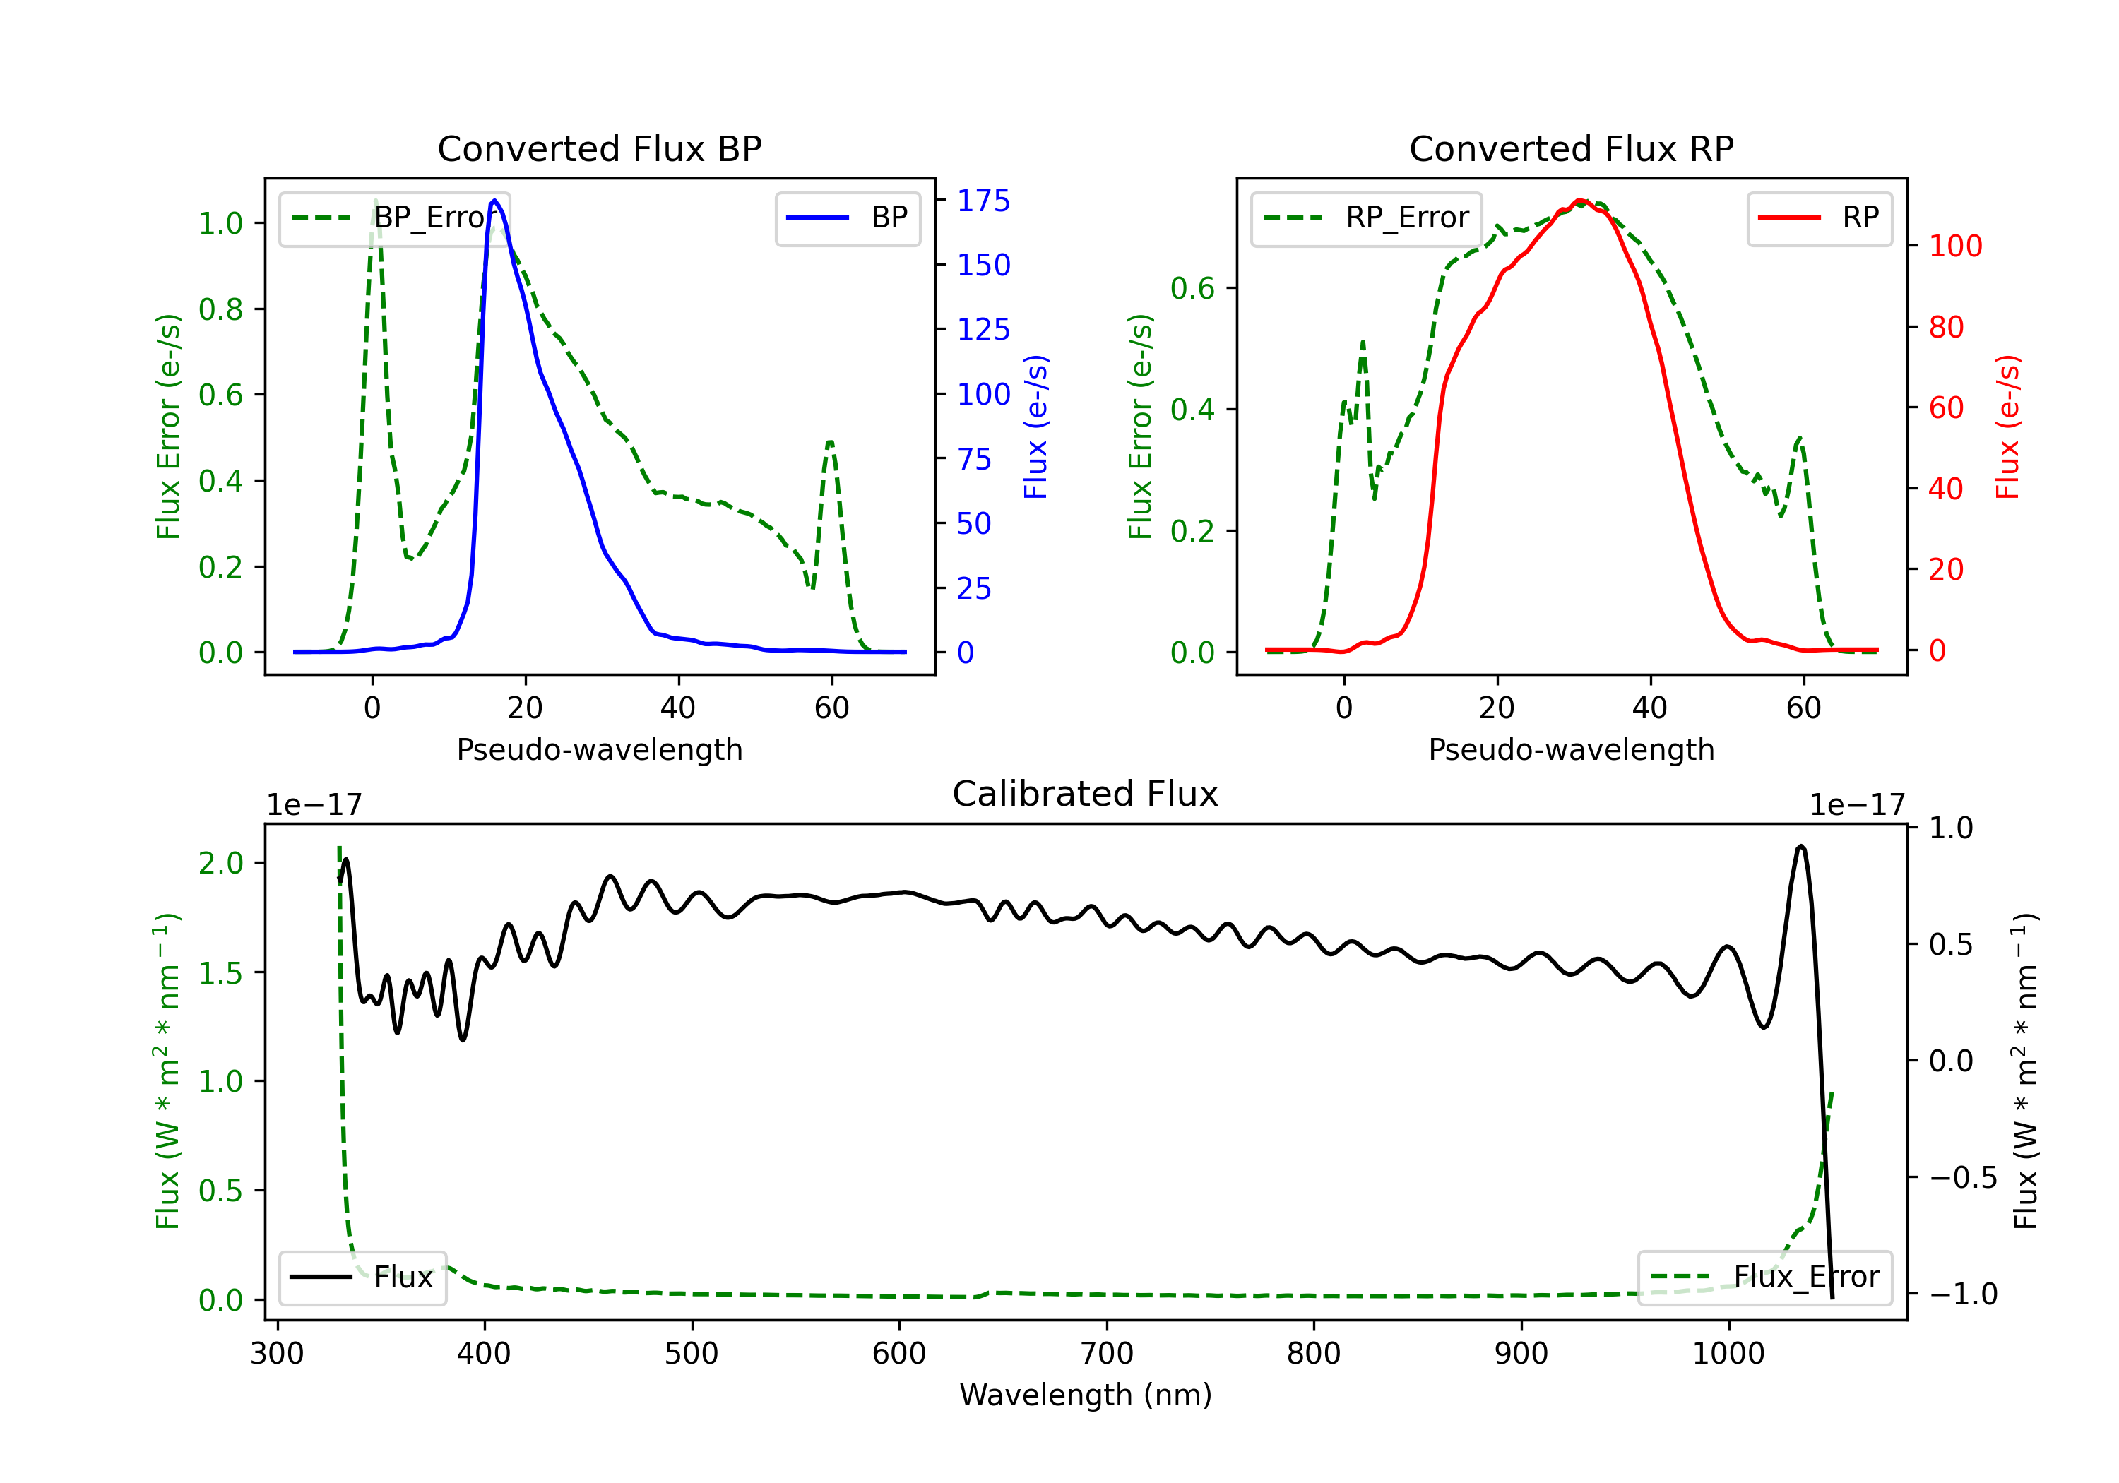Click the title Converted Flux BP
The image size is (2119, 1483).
coord(599,148)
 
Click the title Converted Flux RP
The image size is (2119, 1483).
coord(1571,148)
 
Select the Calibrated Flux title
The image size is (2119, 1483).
coord(1086,794)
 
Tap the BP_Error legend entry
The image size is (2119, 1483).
coord(394,218)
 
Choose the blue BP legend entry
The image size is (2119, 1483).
coord(847,218)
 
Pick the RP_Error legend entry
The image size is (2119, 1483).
coord(1366,218)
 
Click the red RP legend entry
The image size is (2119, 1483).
coord(1819,218)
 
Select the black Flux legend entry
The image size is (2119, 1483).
coord(362,1277)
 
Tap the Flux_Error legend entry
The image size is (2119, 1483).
coord(1764,1277)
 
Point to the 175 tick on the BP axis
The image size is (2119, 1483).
coord(983,201)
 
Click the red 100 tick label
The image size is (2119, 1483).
coord(1954,246)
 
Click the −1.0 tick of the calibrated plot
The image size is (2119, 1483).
coord(1963,1294)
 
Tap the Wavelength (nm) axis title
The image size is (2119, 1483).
coord(1086,1395)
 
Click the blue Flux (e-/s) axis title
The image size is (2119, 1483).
coord(1035,427)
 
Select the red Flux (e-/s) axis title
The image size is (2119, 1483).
coord(2007,427)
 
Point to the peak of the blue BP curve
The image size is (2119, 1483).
coord(494,201)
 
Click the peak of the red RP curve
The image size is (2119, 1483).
coord(1579,201)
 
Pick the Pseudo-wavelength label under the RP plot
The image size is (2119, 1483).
coord(1571,749)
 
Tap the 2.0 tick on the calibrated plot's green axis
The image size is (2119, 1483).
coord(220,863)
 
